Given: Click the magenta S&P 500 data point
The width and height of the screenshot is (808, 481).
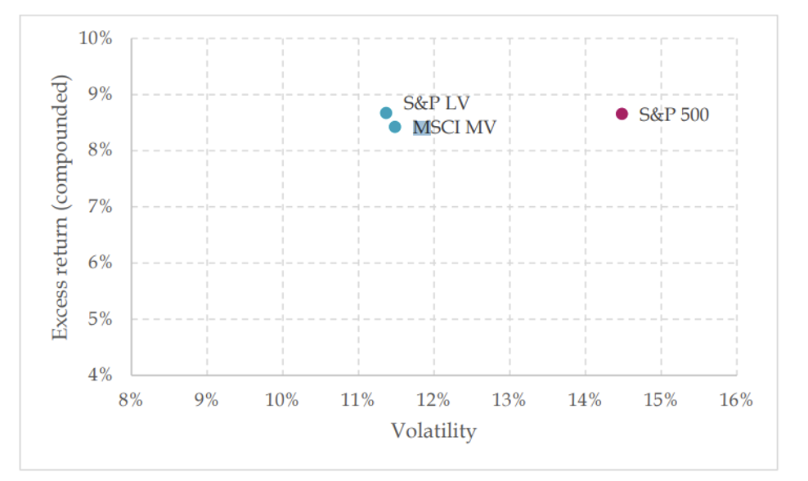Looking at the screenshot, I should point(622,114).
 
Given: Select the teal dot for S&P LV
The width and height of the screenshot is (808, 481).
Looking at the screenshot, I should point(386,113).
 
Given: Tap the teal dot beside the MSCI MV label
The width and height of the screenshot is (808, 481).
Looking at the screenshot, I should point(395,127).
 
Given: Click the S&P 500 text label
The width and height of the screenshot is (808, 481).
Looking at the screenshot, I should point(673,115).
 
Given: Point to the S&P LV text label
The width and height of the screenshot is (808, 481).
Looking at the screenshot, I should point(436,104).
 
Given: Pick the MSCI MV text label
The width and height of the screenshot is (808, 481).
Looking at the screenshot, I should point(456,128).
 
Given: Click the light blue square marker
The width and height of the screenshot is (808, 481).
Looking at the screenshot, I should point(422,128).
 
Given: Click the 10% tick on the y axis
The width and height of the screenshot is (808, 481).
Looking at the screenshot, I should point(96,38).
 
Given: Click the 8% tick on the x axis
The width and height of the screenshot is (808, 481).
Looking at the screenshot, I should point(131,400).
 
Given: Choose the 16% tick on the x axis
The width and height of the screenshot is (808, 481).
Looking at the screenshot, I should point(736,400).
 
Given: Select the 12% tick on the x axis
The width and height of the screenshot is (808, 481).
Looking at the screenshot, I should point(433,400).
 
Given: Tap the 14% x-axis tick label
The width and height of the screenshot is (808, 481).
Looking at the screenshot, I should point(585,400).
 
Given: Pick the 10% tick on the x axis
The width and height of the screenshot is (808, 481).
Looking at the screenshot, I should point(282,400).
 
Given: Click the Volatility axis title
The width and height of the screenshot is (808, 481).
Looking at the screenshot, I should point(433,430).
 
